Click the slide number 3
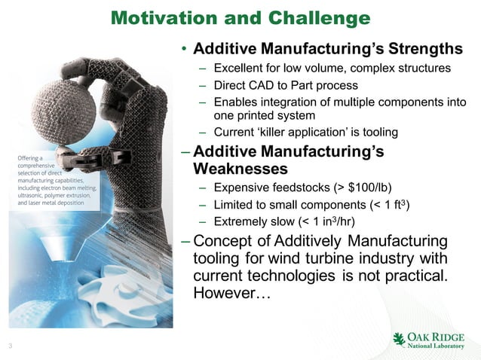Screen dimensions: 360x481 (x=10, y=346)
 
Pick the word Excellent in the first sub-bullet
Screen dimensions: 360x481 (x=239, y=69)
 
